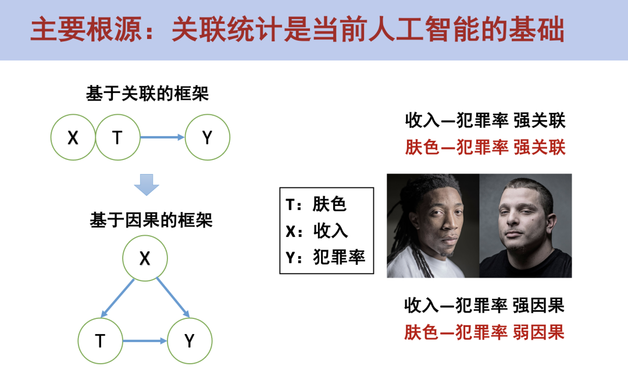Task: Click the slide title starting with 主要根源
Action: (297, 30)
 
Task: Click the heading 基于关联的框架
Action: (148, 94)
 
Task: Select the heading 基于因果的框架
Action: (151, 221)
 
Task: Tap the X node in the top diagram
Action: (73, 137)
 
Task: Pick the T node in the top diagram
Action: (117, 137)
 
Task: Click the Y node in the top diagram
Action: (207, 137)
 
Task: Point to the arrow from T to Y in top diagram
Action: (162, 137)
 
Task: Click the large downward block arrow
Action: (146, 185)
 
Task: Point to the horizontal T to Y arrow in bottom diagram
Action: (145, 341)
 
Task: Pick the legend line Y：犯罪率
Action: (326, 257)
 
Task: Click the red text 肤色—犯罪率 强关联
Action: (485, 147)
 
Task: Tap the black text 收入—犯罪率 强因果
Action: (484, 305)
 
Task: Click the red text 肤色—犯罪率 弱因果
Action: (484, 332)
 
